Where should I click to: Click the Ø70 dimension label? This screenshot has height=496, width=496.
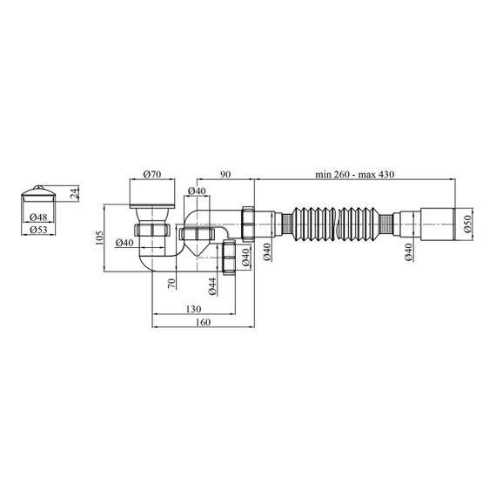coord(152,174)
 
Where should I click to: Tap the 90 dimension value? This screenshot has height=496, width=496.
coord(225,174)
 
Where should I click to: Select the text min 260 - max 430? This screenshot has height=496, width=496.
coord(355,174)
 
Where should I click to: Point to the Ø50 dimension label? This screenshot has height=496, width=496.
coord(468,224)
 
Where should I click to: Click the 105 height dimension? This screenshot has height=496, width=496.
coord(99,238)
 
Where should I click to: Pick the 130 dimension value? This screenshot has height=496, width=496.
coord(193,309)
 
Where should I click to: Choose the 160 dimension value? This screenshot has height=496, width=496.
coord(203,322)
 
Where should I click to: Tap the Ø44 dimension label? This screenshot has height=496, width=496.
coord(212,286)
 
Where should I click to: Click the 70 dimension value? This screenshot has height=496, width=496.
coord(171,283)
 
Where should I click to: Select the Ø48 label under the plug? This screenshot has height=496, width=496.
coord(38,217)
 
